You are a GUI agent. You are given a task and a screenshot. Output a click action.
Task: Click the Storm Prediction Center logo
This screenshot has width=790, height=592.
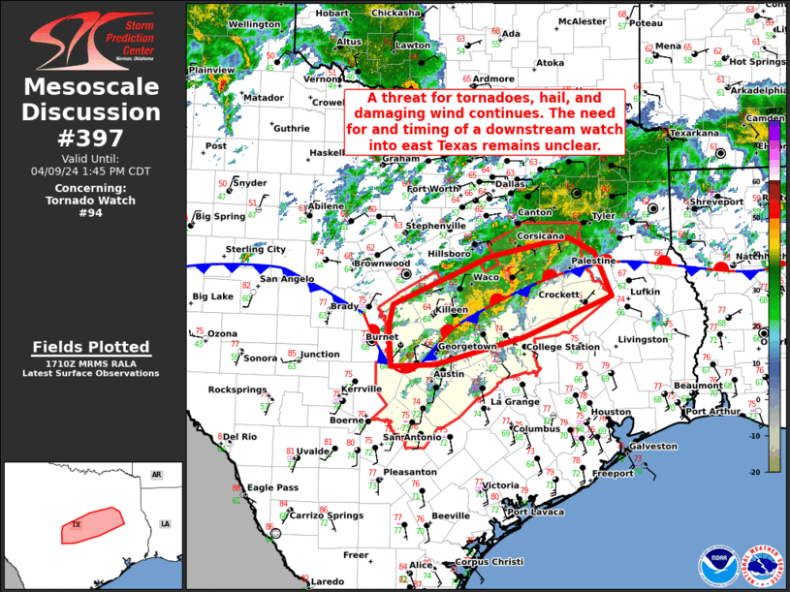click(92, 39)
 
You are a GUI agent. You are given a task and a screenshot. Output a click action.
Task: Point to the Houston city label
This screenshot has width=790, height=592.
click(611, 412)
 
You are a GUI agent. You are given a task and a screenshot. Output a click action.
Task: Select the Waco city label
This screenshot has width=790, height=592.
click(486, 278)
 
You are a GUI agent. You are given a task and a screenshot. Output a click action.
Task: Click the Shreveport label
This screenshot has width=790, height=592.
click(716, 202)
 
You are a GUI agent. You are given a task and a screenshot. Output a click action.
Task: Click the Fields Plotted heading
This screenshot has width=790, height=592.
click(91, 347)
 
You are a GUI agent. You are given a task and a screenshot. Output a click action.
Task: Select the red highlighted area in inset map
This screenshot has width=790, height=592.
click(87, 526)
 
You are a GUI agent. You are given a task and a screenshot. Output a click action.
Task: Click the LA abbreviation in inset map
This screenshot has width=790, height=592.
click(165, 524)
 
